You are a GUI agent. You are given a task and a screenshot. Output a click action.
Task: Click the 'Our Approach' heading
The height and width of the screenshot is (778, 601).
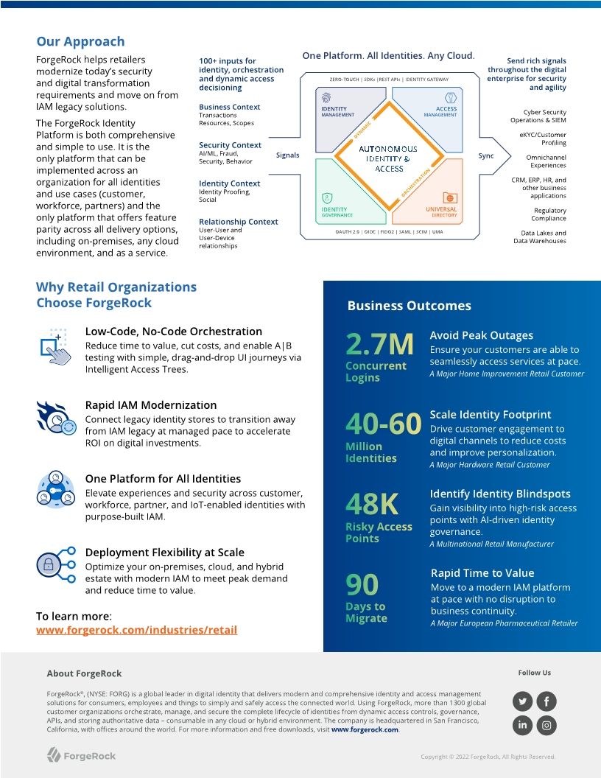point(80,42)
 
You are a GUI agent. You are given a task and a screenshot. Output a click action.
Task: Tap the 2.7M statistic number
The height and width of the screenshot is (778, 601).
point(379,344)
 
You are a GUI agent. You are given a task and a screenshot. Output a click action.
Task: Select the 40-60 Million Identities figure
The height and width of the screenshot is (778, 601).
point(383,424)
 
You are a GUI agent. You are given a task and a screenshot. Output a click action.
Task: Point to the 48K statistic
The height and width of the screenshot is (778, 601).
point(372,505)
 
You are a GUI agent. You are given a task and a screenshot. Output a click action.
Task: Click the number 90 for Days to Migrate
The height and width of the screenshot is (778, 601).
point(362,585)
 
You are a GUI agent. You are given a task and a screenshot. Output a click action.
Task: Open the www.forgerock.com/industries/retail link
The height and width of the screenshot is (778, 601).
point(136,630)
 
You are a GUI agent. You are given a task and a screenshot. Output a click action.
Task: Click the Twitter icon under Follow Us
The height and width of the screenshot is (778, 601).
point(522,701)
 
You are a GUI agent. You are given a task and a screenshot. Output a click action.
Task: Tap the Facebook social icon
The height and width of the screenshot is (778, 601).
point(546,701)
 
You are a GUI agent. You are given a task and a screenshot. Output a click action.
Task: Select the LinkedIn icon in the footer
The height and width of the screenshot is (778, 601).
point(522,725)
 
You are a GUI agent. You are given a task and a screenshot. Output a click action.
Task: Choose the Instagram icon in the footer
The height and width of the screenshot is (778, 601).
point(546,725)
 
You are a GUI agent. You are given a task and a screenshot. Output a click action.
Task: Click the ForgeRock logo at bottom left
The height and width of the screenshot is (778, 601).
point(81,755)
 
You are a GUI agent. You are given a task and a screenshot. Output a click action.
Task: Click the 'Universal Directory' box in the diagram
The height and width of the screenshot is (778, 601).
point(441,211)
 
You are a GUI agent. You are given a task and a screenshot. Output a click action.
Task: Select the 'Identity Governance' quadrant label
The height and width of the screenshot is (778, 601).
point(337,211)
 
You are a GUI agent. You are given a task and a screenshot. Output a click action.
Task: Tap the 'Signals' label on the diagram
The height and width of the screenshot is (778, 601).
point(288,155)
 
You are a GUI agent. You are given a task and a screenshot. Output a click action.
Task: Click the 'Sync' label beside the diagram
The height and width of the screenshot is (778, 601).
point(486,155)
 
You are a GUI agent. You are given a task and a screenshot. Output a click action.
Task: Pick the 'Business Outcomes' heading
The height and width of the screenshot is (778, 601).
point(409,306)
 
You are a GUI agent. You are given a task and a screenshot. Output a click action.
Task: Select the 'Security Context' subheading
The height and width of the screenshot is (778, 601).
point(230,145)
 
